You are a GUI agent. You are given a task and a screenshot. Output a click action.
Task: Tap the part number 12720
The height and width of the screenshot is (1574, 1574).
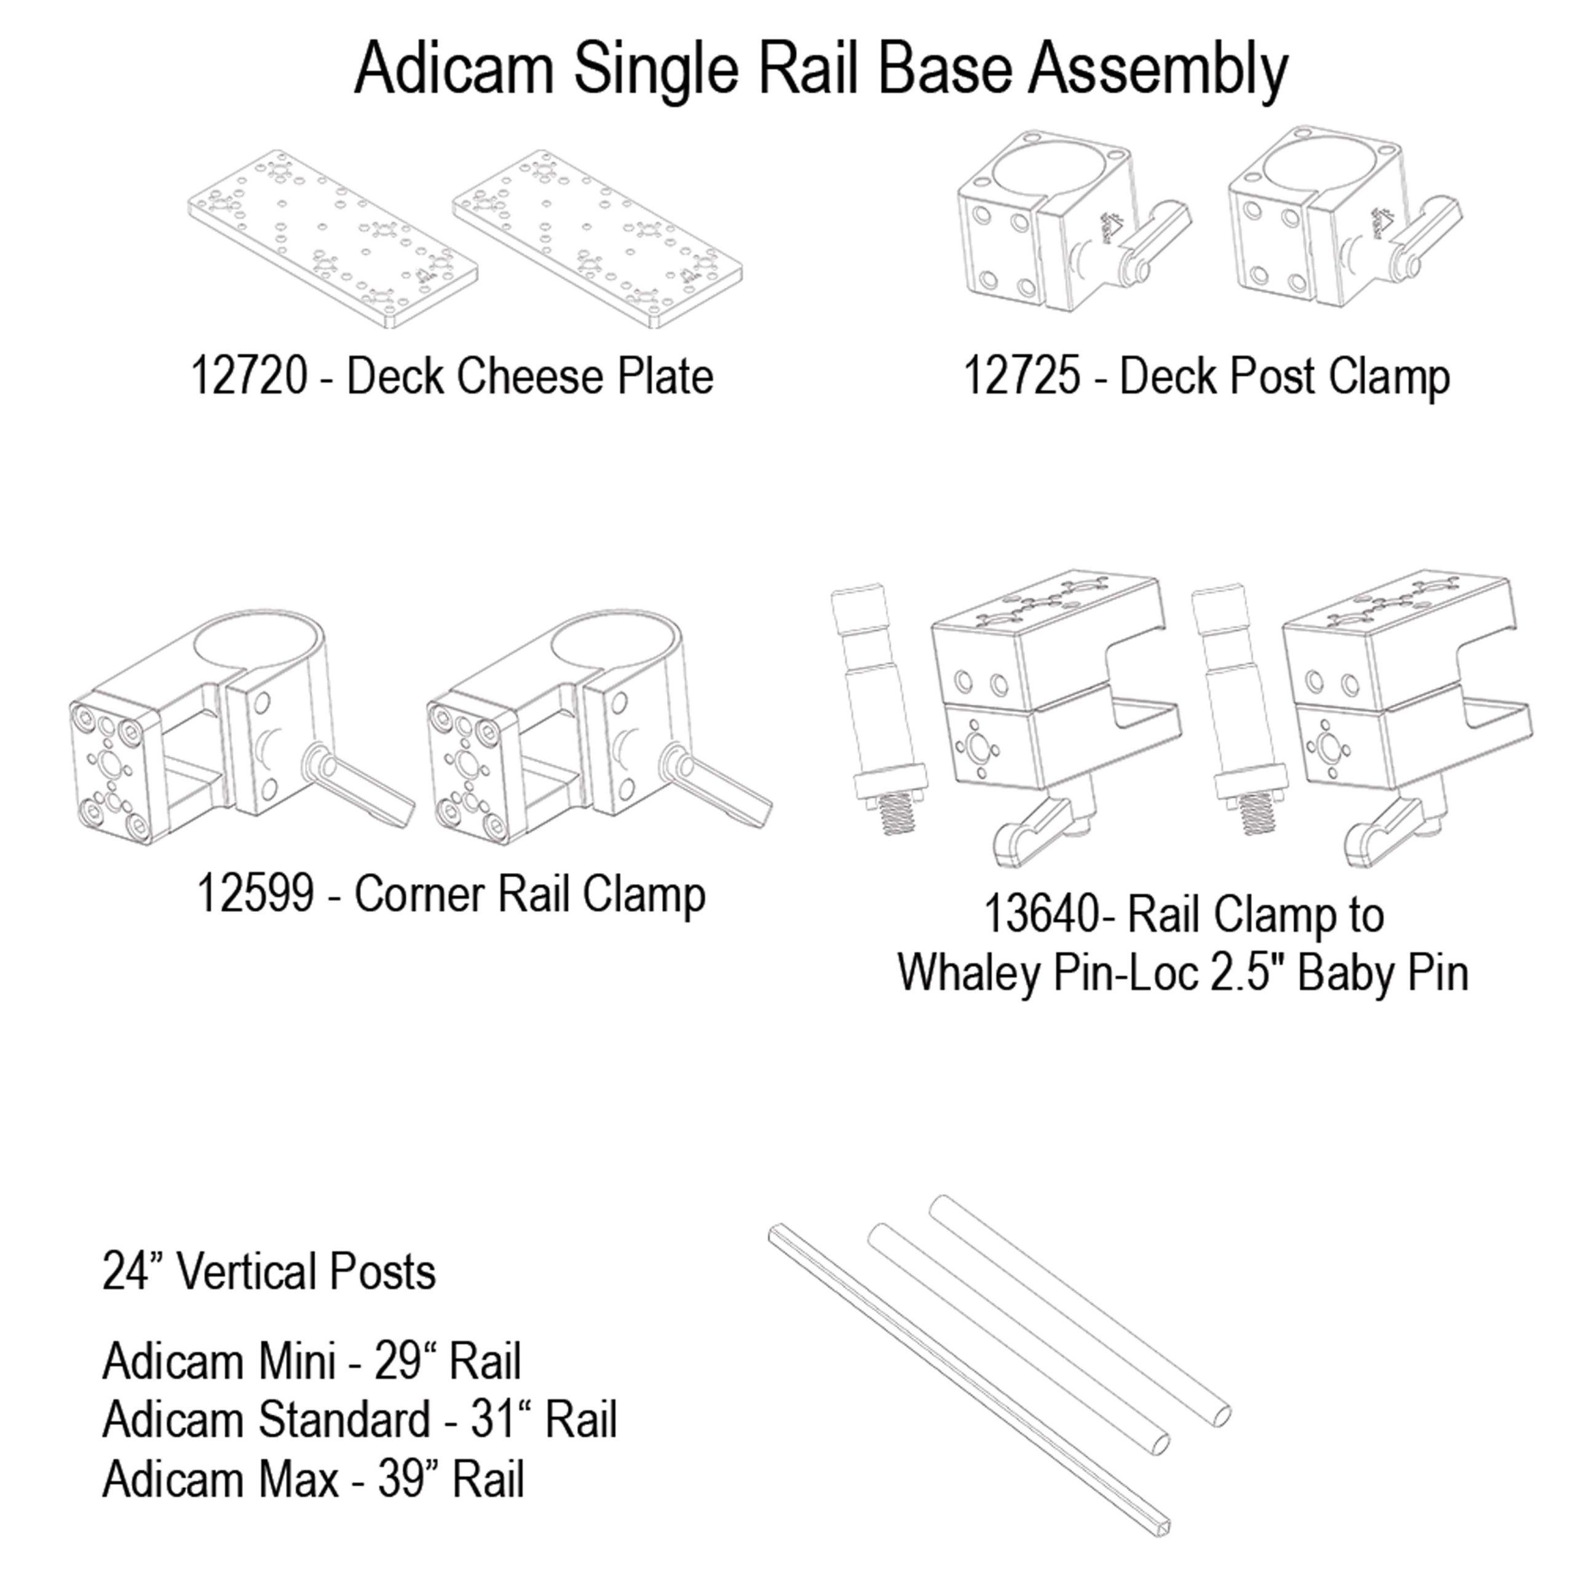248,376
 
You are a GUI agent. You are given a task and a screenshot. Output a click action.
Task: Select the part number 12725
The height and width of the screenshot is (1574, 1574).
1022,376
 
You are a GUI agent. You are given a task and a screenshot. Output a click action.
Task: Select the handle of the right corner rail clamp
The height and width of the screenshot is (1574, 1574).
718,781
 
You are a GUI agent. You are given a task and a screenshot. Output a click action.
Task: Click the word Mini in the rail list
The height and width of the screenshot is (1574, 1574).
298,1361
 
